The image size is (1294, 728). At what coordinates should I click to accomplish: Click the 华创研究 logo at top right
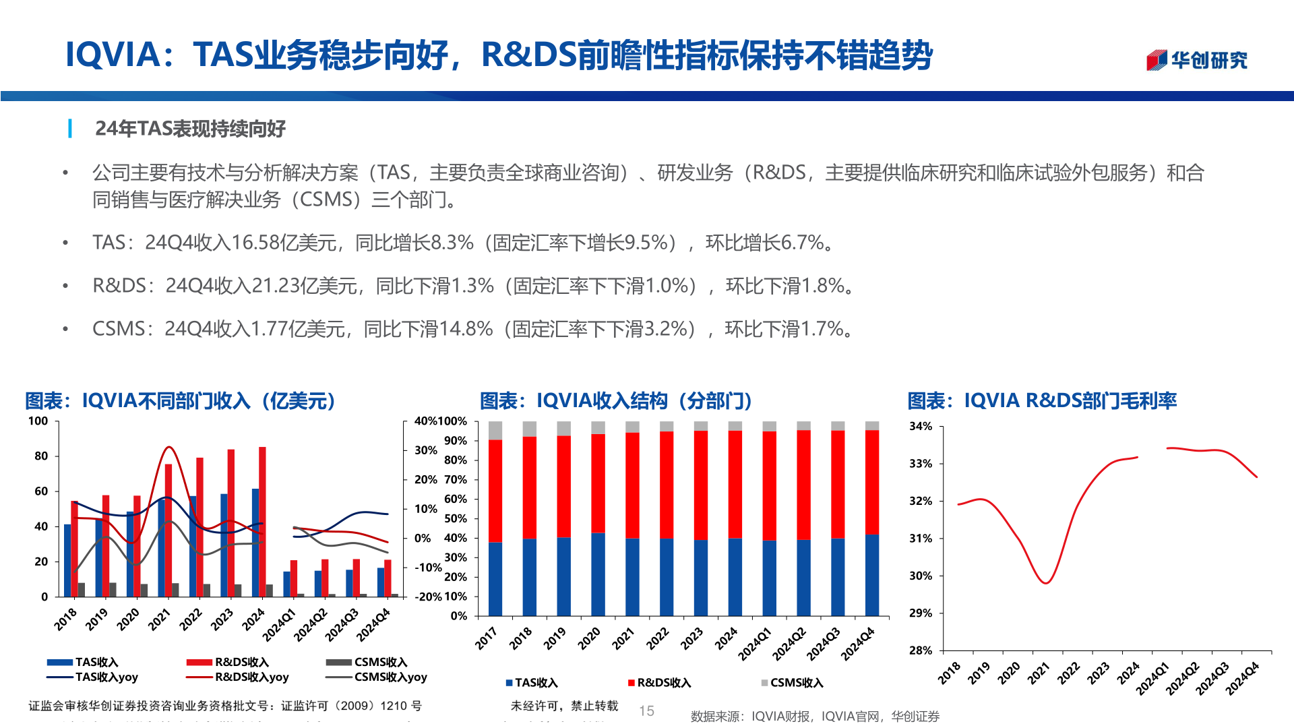(1197, 60)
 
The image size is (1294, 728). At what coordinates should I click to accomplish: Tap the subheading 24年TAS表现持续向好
(190, 128)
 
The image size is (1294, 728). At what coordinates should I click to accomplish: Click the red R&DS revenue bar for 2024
(262, 522)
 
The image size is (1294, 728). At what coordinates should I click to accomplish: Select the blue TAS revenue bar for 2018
(67, 561)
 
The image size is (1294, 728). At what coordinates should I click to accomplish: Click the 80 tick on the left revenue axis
(41, 456)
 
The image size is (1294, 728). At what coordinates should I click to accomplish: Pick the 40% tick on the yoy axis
(425, 421)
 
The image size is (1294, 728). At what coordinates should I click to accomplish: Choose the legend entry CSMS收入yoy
(390, 677)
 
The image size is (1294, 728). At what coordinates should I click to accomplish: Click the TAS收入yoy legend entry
(106, 677)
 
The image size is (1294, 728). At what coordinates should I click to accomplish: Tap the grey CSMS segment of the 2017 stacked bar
(495, 430)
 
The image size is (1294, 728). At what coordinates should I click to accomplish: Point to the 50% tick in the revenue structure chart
(455, 519)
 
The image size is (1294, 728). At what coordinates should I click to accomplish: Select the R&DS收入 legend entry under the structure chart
(664, 683)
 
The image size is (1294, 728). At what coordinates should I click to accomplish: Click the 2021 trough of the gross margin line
(1045, 582)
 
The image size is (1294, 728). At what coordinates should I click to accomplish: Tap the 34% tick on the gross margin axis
(920, 427)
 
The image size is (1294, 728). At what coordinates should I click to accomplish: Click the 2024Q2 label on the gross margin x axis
(1183, 677)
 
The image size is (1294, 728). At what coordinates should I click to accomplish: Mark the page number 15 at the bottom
(646, 710)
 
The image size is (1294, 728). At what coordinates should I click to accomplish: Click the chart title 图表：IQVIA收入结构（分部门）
(615, 401)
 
